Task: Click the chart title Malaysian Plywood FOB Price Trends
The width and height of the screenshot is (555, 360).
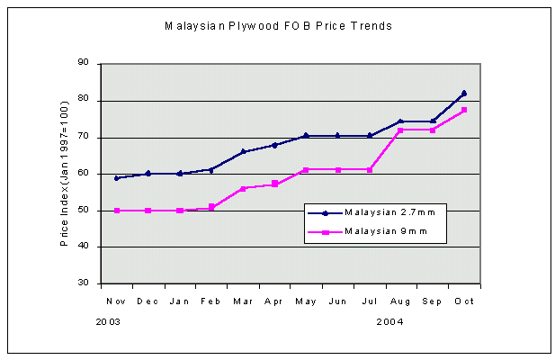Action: coord(278,26)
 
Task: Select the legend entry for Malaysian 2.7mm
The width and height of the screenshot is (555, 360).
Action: coord(378,213)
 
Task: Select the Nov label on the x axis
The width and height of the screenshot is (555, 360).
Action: coord(116,301)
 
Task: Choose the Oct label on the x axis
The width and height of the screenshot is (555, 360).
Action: coord(464,301)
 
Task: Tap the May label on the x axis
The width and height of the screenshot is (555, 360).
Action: coord(306,301)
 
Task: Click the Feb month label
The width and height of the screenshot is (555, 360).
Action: coord(210,301)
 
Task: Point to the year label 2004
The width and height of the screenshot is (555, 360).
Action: coord(389,319)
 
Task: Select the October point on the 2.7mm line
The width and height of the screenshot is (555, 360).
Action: coord(464,93)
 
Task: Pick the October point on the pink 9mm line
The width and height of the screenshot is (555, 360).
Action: coord(464,110)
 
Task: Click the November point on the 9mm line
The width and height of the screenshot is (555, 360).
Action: coord(116,211)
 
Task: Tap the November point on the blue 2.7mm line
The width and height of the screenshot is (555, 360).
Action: coord(116,178)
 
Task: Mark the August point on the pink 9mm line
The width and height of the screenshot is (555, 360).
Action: coord(401,130)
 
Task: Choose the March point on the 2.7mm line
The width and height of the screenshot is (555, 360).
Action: coord(243,151)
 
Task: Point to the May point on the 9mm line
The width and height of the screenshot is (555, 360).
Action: coord(306,169)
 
